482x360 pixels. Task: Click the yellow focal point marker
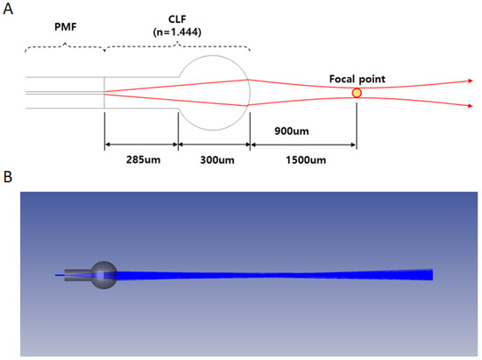tap(357, 93)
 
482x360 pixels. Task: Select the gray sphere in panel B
tap(104, 274)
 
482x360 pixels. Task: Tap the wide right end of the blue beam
tap(429, 275)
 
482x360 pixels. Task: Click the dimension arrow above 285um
tap(141, 142)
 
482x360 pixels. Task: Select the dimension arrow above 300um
tap(214, 142)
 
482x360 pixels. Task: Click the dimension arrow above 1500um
tap(303, 142)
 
